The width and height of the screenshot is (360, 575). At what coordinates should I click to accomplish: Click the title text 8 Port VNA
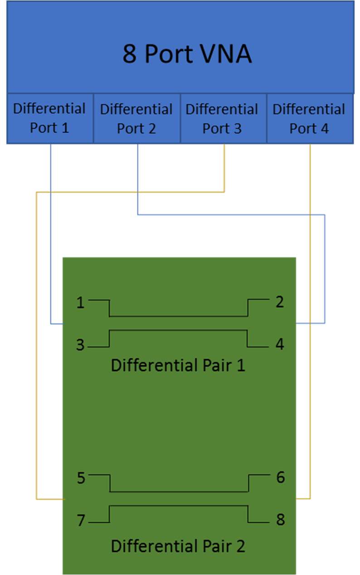[x=187, y=54]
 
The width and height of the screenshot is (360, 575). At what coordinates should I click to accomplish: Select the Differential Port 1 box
[x=49, y=118]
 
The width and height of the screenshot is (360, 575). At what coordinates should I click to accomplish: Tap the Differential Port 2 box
[x=136, y=119]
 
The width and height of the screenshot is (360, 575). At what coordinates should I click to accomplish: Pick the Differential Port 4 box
[x=309, y=119]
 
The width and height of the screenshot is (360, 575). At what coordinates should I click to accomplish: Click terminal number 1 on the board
[x=80, y=302]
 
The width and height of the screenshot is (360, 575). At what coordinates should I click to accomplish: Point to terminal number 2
[x=280, y=302]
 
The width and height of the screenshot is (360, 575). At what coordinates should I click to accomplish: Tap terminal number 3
[x=80, y=345]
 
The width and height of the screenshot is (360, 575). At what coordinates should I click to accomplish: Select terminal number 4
[x=280, y=344]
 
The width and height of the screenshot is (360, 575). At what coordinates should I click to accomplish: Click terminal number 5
[x=81, y=478]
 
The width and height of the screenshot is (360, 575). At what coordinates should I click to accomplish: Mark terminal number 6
[x=280, y=477]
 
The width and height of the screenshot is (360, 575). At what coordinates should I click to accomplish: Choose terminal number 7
[x=81, y=521]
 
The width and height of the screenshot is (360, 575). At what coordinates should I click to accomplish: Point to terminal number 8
[x=280, y=520]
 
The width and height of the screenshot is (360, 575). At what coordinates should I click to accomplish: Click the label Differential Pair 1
[x=178, y=365]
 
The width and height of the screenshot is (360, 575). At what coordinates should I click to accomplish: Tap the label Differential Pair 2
[x=178, y=546]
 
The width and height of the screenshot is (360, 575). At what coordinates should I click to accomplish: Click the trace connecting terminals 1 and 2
[x=178, y=316]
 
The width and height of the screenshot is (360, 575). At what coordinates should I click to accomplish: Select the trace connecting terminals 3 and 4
[x=178, y=330]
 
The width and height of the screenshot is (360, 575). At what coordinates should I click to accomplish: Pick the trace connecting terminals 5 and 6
[x=178, y=492]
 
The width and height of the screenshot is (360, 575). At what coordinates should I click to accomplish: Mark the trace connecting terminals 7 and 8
[x=178, y=505]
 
